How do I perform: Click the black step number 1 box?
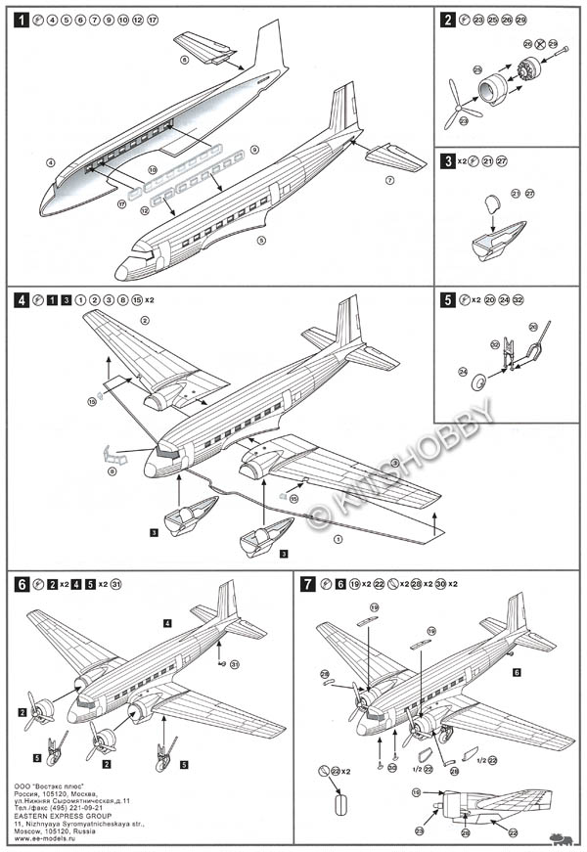tap(21, 20)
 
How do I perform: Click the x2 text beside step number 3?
tap(466, 160)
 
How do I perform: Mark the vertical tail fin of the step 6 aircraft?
tap(227, 601)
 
